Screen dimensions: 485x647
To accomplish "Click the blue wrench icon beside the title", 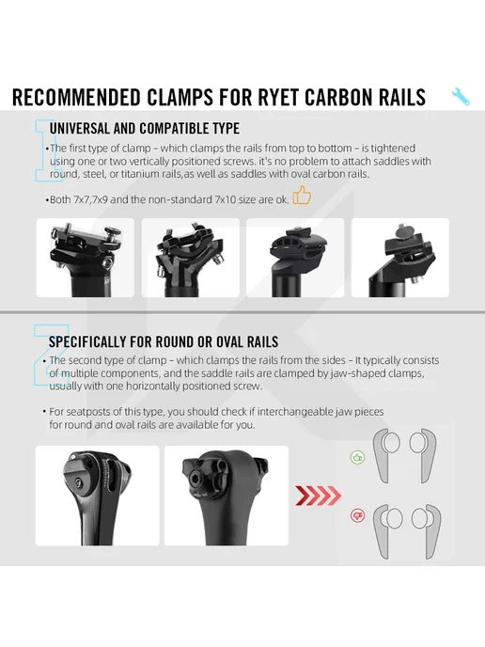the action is [x=461, y=97].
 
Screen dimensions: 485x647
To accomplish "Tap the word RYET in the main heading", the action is [x=279, y=98].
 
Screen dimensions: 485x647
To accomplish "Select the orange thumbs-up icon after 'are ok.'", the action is [x=302, y=196].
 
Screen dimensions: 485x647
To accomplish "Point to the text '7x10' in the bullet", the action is [x=226, y=199].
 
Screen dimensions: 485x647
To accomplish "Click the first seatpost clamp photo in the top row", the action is [x=86, y=258].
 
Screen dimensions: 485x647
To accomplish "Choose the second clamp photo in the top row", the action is [x=191, y=258].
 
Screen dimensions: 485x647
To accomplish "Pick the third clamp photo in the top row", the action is [x=295, y=258].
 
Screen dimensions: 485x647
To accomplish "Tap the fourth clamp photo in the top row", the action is [x=400, y=258].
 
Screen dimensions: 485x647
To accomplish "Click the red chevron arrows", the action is [x=319, y=496].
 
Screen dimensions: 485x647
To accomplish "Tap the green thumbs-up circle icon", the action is [x=357, y=457].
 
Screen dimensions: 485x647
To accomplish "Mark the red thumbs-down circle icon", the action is [x=357, y=515].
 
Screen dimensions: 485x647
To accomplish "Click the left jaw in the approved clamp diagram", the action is [x=383, y=455].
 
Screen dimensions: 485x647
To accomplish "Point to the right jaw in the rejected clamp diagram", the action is [x=431, y=531].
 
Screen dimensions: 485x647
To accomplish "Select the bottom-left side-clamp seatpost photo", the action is [x=98, y=496].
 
